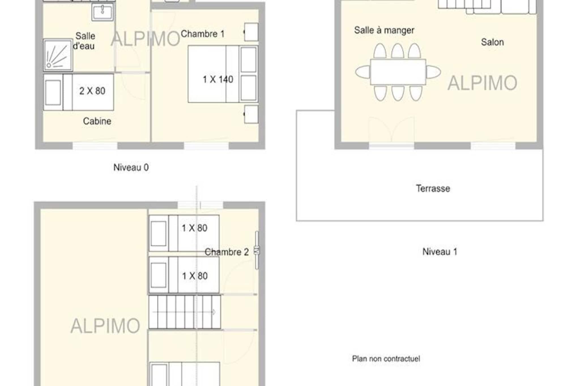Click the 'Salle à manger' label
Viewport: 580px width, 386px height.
click(384, 30)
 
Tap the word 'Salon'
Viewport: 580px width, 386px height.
click(492, 42)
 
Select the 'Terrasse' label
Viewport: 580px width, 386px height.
click(433, 188)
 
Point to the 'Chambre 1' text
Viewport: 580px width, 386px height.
click(202, 34)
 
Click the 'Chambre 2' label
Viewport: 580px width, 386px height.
click(227, 252)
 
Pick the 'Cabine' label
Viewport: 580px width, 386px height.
click(97, 121)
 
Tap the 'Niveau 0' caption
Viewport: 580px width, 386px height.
click(131, 167)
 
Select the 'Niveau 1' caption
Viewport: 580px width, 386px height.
click(440, 251)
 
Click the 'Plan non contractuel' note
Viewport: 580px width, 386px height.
click(386, 359)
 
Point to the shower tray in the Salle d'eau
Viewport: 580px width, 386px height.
click(58, 55)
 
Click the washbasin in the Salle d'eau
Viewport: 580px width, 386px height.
click(103, 12)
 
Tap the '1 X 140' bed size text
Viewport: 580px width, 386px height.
click(218, 79)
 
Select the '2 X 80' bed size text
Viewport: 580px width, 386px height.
click(92, 91)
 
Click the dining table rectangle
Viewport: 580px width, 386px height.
click(398, 72)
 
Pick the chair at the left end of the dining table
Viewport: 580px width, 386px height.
click(363, 72)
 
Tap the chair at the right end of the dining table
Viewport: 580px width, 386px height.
click(433, 72)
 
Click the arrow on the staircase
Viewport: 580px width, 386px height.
click(184, 312)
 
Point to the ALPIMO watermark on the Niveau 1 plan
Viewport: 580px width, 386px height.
click(482, 83)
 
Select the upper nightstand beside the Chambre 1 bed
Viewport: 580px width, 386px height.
click(251, 32)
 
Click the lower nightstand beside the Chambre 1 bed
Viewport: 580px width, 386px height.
click(251, 114)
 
